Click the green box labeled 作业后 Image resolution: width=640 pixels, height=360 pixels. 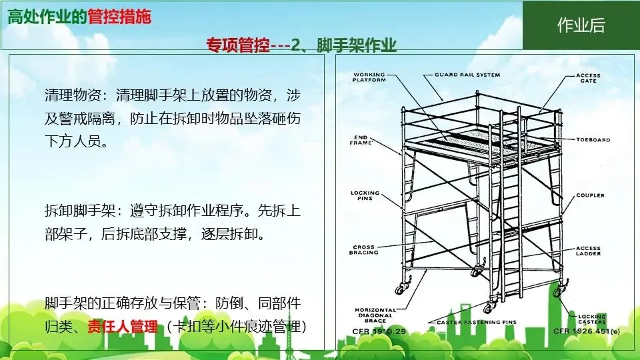[581, 25]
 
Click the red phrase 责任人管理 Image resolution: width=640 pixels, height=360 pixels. [123, 327]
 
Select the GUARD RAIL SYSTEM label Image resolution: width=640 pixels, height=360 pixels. [467, 75]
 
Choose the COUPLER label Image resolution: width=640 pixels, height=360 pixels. [590, 195]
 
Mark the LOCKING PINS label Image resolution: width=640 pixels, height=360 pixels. [365, 196]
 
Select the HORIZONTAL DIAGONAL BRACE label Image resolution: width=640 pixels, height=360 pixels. [374, 315]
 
